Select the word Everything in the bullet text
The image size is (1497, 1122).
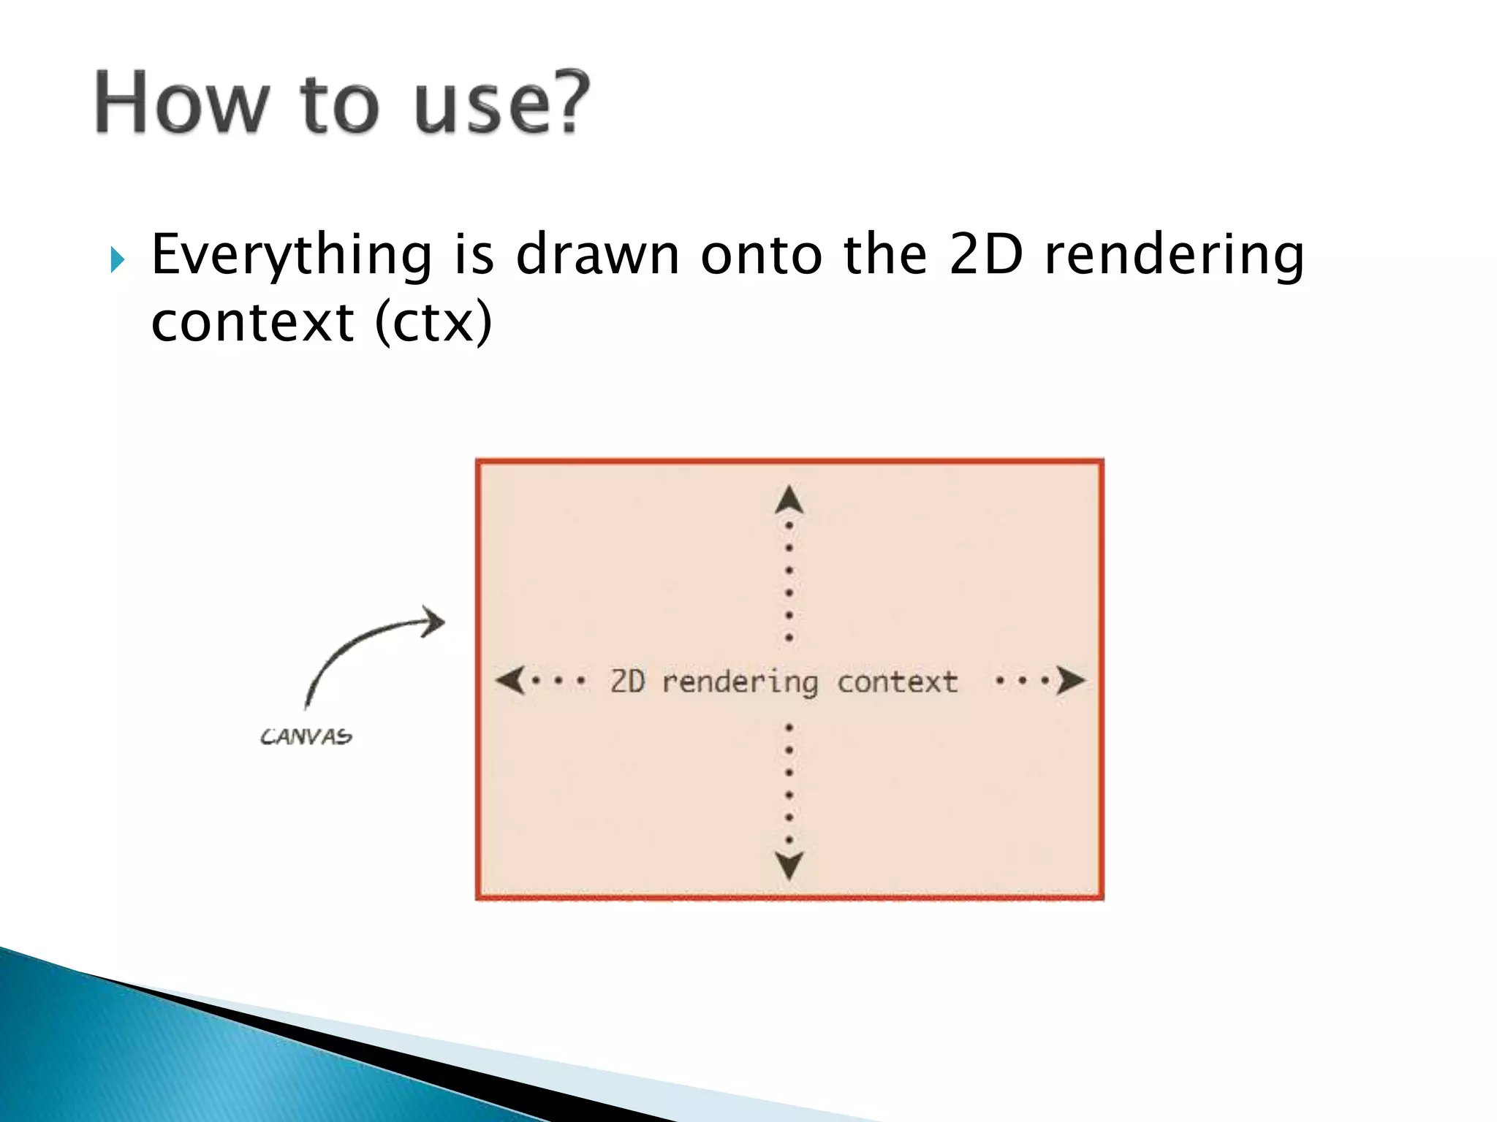(292, 256)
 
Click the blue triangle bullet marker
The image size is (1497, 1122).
(118, 259)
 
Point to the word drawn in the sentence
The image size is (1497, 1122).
(597, 255)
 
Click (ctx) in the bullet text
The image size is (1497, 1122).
(433, 322)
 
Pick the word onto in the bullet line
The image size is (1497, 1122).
(761, 255)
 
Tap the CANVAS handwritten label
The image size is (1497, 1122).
(306, 736)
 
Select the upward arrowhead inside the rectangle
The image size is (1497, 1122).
(789, 500)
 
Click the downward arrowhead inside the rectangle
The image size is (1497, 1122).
(789, 866)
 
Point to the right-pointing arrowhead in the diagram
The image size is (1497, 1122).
(1069, 680)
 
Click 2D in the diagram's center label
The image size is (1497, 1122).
(628, 681)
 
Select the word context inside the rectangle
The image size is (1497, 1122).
(897, 682)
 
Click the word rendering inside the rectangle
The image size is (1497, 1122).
(739, 682)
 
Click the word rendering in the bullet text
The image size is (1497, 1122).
(1173, 256)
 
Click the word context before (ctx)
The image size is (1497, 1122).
(252, 322)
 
